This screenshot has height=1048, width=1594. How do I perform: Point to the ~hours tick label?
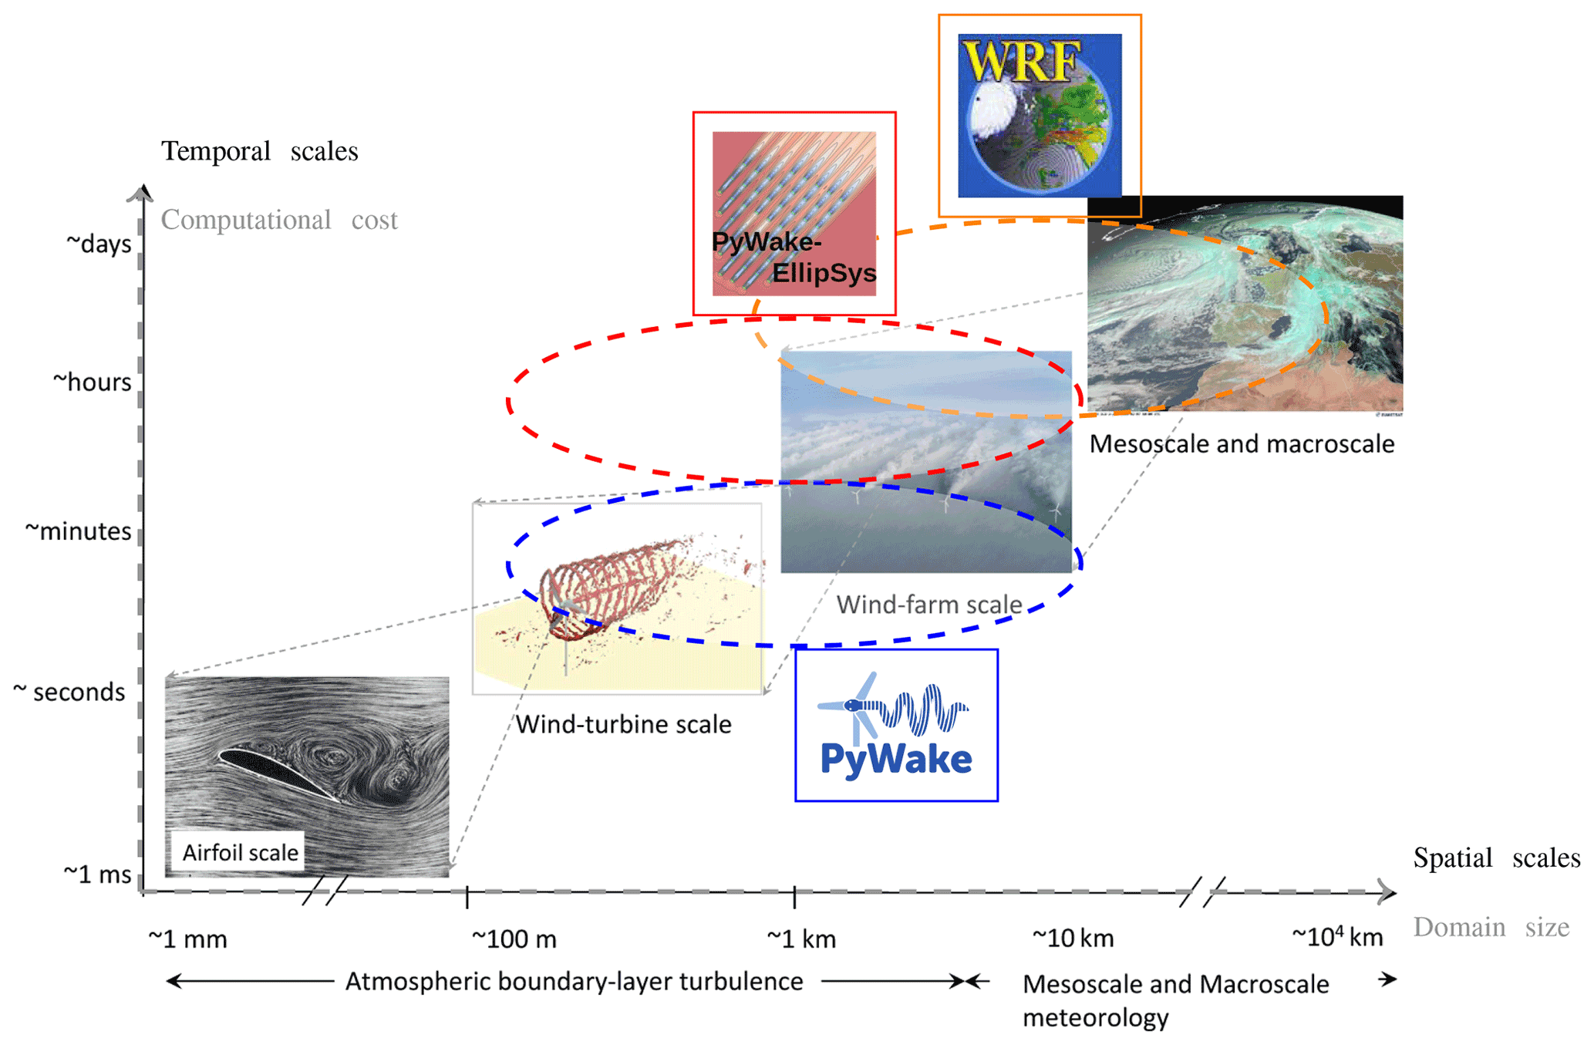pyautogui.click(x=93, y=382)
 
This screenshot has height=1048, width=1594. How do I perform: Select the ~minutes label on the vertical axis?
pyautogui.click(x=79, y=531)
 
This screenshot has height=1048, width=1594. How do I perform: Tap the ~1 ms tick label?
pyautogui.click(x=97, y=874)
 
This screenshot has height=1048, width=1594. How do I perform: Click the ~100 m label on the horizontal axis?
pyautogui.click(x=514, y=939)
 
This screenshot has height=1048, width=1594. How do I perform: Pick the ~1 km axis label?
pyautogui.click(x=801, y=939)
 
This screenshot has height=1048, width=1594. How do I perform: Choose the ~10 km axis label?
pyautogui.click(x=1073, y=938)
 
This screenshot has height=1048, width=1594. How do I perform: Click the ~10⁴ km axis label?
pyautogui.click(x=1337, y=938)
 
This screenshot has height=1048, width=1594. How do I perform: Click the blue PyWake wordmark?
pyautogui.click(x=896, y=759)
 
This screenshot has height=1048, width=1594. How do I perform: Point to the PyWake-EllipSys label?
pyautogui.click(x=794, y=258)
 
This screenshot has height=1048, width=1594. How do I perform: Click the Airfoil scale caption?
pyautogui.click(x=240, y=853)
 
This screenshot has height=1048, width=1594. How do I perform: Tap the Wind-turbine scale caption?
pyautogui.click(x=623, y=725)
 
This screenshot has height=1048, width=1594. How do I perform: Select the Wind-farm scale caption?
pyautogui.click(x=929, y=605)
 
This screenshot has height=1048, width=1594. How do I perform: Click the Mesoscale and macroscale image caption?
pyautogui.click(x=1242, y=444)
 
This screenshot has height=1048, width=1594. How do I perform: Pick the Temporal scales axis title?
pyautogui.click(x=259, y=151)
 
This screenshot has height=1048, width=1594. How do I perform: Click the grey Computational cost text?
pyautogui.click(x=279, y=221)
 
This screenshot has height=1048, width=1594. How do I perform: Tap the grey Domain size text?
pyautogui.click(x=1491, y=927)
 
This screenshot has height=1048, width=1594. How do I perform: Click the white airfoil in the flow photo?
pyautogui.click(x=278, y=773)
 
